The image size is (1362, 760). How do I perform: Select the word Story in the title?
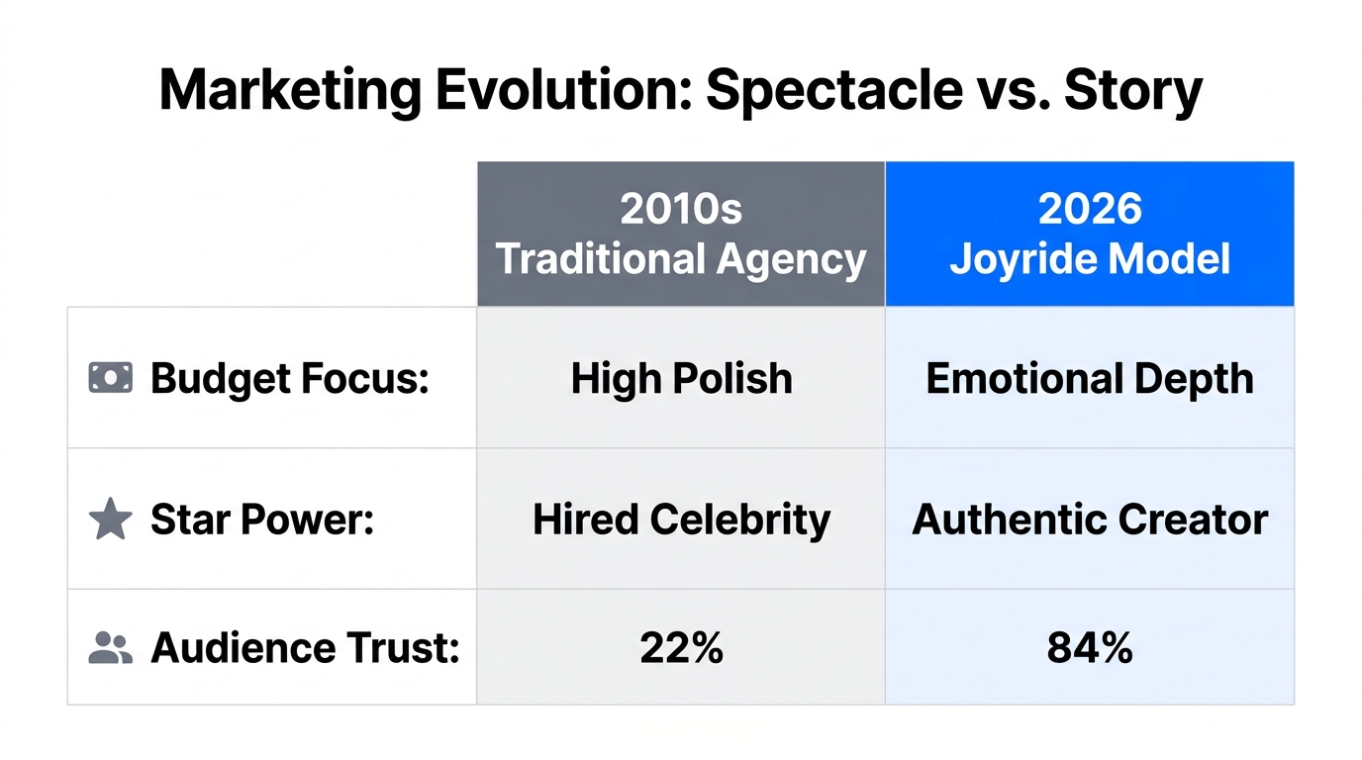click(x=1132, y=91)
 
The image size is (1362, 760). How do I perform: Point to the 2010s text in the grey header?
click(x=681, y=209)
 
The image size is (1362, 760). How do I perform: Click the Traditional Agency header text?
click(x=681, y=259)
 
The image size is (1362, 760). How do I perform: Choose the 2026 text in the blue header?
click(x=1089, y=209)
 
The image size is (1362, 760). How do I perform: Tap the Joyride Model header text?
click(x=1089, y=259)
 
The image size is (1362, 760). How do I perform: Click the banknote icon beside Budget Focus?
click(x=110, y=378)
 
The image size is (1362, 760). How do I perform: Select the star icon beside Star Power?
click(x=110, y=520)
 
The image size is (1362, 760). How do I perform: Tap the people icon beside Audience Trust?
click(x=110, y=648)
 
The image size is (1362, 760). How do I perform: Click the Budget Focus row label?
click(x=289, y=378)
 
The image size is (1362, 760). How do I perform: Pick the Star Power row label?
click(x=262, y=520)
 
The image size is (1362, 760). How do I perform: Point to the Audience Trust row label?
click(x=305, y=648)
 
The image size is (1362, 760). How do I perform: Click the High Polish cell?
click(x=681, y=378)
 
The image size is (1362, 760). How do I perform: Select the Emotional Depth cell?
click(x=1089, y=378)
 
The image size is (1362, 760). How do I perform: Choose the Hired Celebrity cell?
click(x=681, y=520)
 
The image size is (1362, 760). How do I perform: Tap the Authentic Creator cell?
click(x=1089, y=520)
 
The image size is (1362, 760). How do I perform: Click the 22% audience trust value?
click(x=681, y=648)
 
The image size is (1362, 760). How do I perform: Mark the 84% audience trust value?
click(x=1089, y=648)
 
